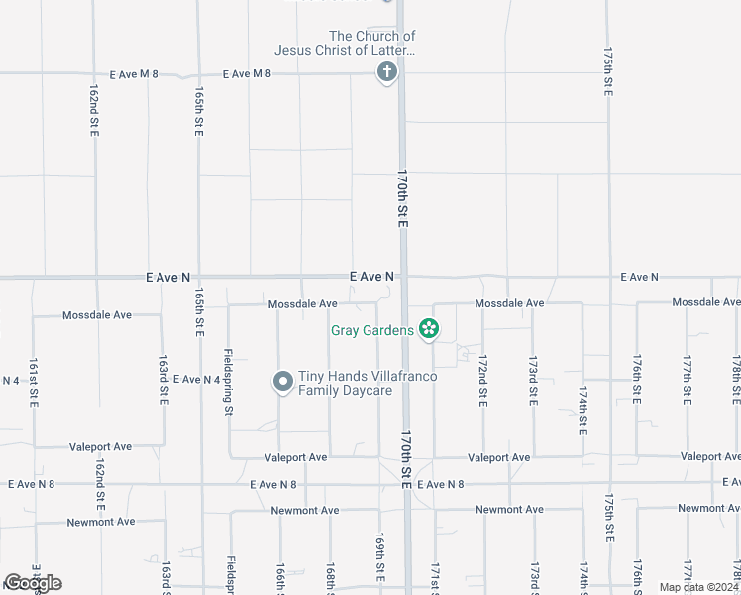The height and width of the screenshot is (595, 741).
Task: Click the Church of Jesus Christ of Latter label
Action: coord(345,43)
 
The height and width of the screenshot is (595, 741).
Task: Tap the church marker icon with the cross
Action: coord(387,72)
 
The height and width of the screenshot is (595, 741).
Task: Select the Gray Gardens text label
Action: coord(372,330)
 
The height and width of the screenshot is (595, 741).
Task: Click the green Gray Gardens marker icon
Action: coord(429,328)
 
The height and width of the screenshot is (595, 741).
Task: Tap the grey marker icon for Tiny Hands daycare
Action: coord(282,381)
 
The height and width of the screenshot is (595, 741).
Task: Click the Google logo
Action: coord(33,582)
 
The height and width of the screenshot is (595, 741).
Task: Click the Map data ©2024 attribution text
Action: coord(697,587)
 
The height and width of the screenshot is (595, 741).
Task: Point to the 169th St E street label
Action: coord(378,557)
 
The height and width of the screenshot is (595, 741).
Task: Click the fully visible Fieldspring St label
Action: coord(228,381)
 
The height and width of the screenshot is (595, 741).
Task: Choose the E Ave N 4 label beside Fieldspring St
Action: coord(196,380)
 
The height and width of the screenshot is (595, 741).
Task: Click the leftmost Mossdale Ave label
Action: coord(97,315)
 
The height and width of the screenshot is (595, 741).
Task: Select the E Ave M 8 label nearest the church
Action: coord(248,74)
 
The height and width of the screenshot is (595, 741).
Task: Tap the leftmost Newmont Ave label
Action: coord(100,522)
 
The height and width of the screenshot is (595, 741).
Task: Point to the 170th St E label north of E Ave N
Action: coord(403,199)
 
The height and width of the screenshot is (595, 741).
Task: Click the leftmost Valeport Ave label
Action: coord(100,447)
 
